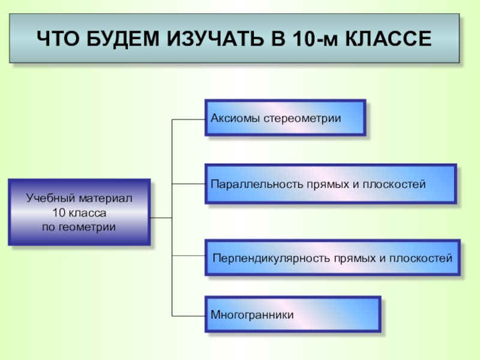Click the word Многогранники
tap(252, 314)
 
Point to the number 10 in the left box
tap(58, 212)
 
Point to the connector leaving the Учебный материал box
tap(161, 217)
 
